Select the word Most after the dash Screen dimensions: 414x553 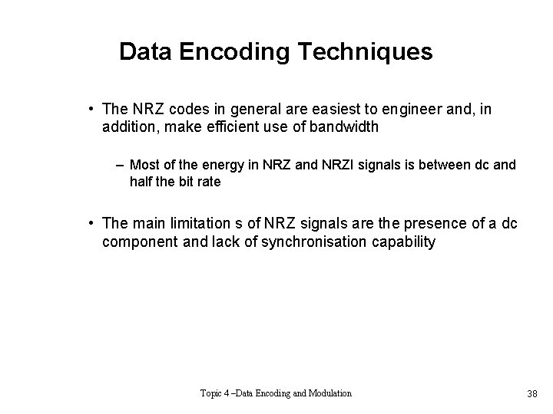[144, 164]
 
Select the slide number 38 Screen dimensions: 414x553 [532, 394]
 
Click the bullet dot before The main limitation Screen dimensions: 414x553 [91, 223]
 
